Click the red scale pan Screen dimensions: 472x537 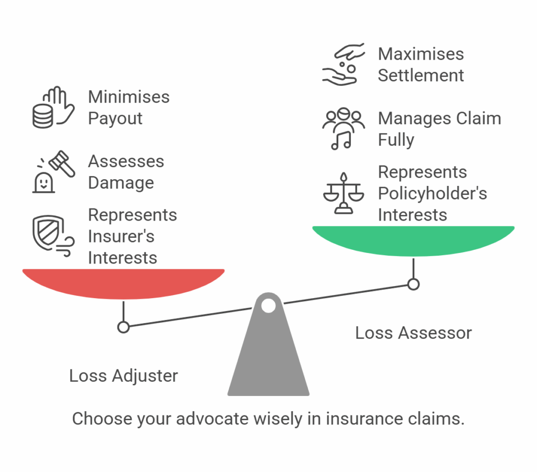(123, 283)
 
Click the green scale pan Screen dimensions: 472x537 (413, 239)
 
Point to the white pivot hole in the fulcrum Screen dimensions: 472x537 (268, 305)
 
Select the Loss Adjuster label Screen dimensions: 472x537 (123, 376)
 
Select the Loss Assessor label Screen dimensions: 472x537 (413, 333)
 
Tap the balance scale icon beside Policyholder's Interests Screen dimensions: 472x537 (343, 193)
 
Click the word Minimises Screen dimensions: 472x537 (128, 97)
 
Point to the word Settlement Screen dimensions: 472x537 (421, 75)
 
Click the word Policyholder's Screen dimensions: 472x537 (432, 193)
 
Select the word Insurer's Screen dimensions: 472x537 (121, 236)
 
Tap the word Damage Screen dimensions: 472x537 (121, 183)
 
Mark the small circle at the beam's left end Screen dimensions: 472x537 (123, 327)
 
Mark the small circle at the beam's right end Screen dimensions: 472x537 (413, 284)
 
